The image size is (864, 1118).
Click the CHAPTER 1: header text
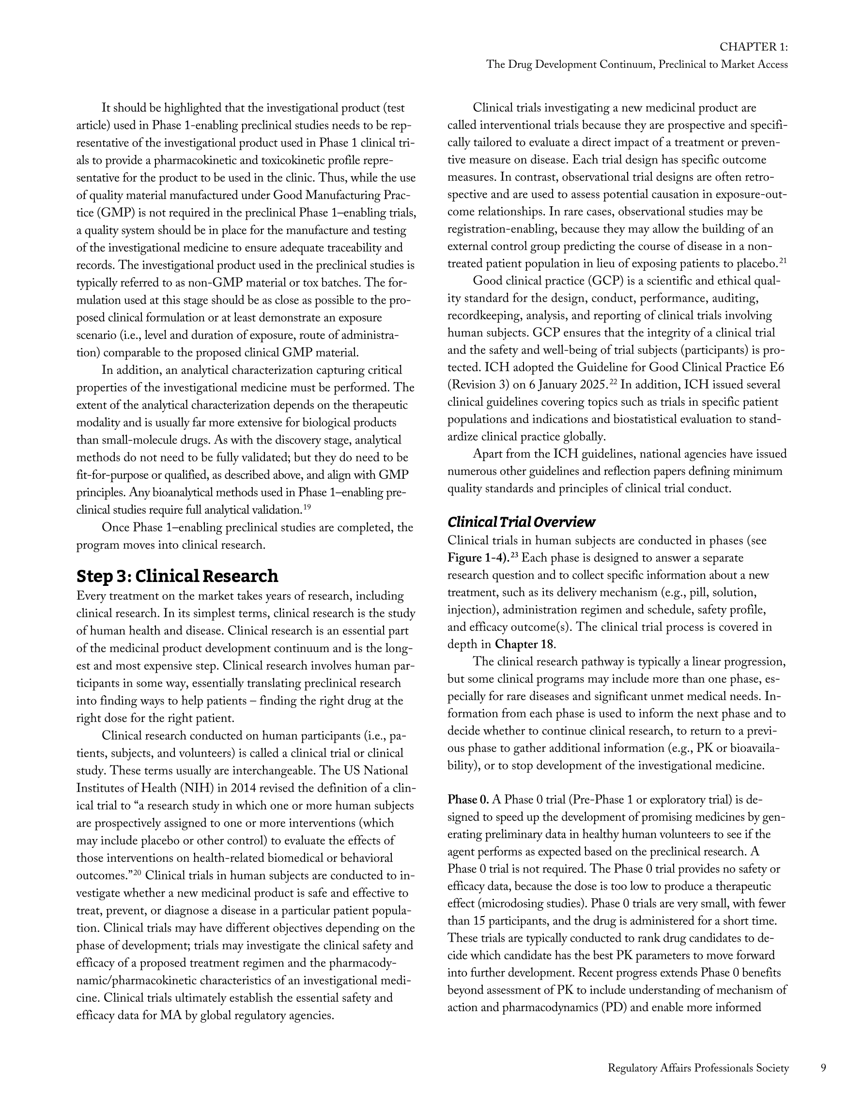[753, 47]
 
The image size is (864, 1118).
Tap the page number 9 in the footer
[823, 1068]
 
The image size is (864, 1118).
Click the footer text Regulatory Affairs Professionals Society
[698, 1068]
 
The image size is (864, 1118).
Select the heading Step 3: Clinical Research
[177, 576]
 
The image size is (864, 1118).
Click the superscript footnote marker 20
[137, 873]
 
